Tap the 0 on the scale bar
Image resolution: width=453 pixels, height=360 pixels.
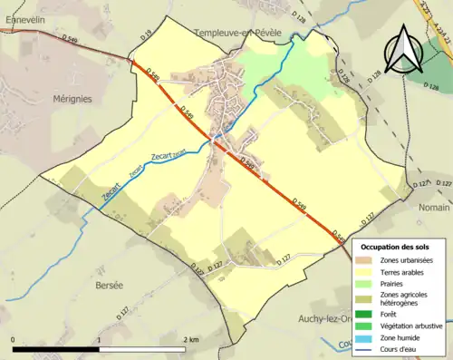[13, 340]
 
